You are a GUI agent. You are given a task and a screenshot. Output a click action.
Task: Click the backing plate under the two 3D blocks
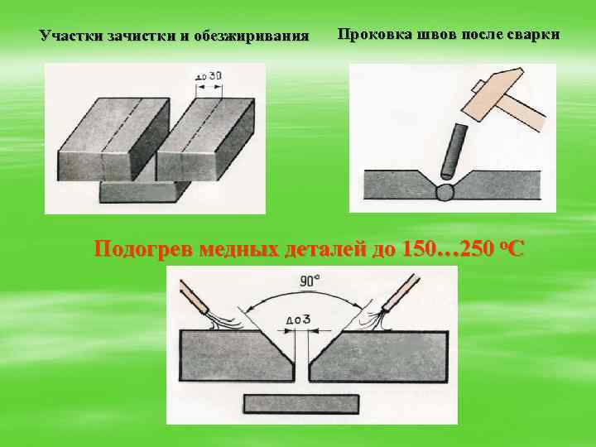(x=141, y=192)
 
